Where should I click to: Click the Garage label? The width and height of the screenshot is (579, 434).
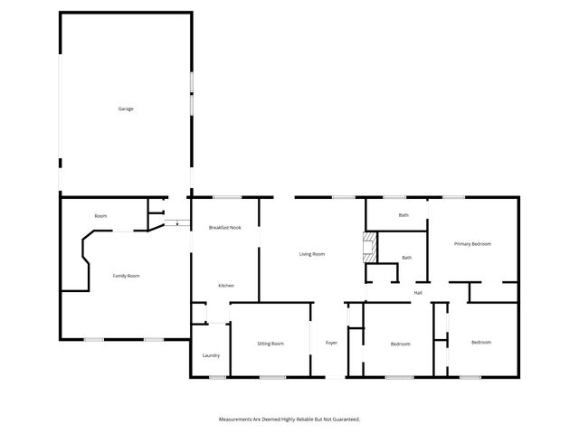pyautogui.click(x=126, y=108)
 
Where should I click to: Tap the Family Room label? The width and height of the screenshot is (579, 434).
pyautogui.click(x=126, y=276)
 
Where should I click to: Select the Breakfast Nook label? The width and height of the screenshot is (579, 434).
pyautogui.click(x=224, y=228)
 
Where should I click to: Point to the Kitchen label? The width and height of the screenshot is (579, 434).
pyautogui.click(x=226, y=286)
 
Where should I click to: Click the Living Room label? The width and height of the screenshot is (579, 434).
pyautogui.click(x=312, y=254)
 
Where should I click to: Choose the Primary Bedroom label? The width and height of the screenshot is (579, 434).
pyautogui.click(x=472, y=244)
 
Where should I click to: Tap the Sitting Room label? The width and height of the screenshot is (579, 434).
pyautogui.click(x=271, y=344)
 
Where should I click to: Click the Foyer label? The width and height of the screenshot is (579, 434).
pyautogui.click(x=332, y=344)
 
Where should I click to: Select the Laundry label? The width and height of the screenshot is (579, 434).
pyautogui.click(x=212, y=355)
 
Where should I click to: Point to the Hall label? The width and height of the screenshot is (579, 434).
pyautogui.click(x=418, y=293)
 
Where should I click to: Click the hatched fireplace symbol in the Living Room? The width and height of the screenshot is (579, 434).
pyautogui.click(x=369, y=248)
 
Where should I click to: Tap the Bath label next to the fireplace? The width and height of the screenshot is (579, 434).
pyautogui.click(x=407, y=258)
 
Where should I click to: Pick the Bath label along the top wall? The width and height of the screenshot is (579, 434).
pyautogui.click(x=403, y=215)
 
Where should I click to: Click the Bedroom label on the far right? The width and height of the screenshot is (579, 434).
pyautogui.click(x=480, y=342)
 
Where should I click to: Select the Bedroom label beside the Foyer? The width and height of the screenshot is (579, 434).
pyautogui.click(x=400, y=344)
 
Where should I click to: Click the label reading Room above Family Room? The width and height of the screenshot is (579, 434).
pyautogui.click(x=100, y=216)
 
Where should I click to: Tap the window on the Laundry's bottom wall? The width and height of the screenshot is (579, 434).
pyautogui.click(x=217, y=377)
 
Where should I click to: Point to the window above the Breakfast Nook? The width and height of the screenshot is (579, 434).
pyautogui.click(x=226, y=197)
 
